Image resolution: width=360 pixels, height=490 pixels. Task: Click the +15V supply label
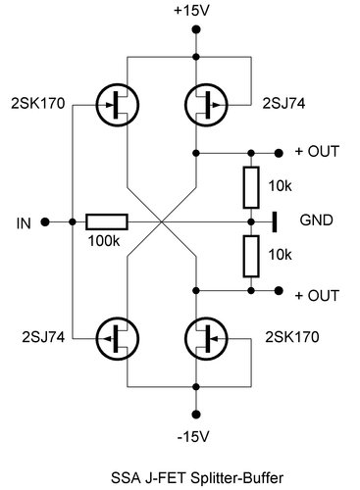196,12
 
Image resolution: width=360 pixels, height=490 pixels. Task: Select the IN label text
26,222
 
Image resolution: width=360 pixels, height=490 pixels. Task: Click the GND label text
315,221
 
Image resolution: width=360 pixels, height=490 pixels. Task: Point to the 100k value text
103,240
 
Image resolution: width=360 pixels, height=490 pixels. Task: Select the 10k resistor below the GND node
252,258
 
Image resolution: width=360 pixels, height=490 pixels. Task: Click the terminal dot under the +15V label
196,30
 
